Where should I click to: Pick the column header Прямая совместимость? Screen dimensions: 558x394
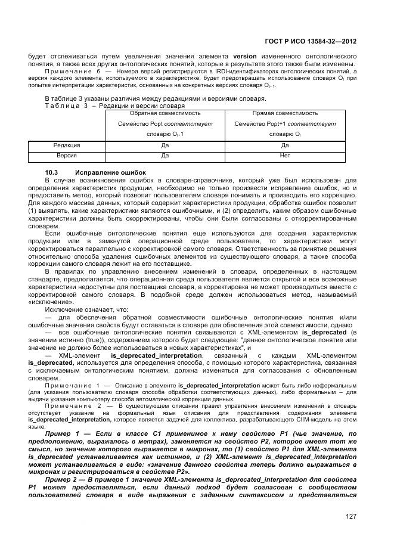[285, 112]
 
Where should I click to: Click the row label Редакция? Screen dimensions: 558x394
[67, 145]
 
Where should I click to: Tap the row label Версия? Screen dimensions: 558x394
[67, 155]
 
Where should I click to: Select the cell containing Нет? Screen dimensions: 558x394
[285, 155]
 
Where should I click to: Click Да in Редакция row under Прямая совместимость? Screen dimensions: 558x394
[285, 145]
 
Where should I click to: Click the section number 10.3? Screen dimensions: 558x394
[51, 172]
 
